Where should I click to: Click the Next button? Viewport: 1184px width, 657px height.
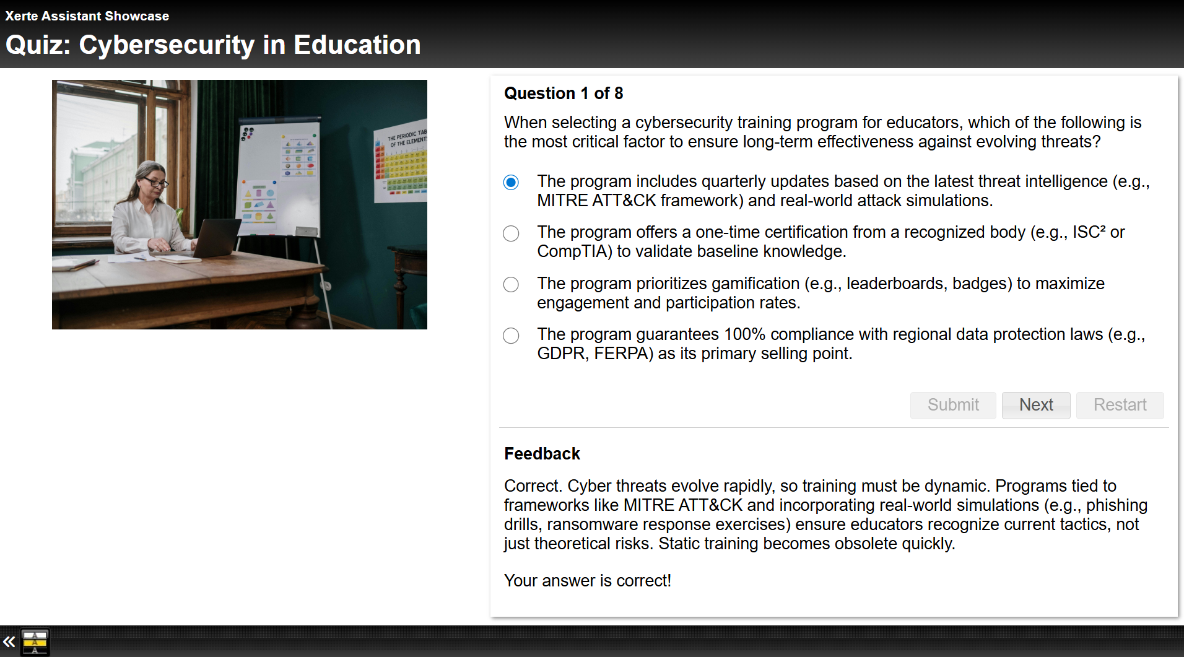click(1036, 405)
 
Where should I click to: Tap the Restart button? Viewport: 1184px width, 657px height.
click(1120, 405)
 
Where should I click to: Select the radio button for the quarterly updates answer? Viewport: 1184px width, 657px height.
click(511, 182)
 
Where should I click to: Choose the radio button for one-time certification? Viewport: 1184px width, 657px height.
click(511, 233)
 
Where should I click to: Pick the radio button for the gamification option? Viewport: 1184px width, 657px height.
click(511, 284)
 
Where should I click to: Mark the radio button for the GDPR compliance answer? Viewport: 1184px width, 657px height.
click(511, 336)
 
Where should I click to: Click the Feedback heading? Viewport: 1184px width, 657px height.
click(542, 454)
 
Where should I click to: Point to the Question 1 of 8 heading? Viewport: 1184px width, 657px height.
click(564, 94)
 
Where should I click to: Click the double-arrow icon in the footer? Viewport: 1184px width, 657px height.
click(9, 642)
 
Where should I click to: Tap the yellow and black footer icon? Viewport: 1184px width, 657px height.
click(35, 642)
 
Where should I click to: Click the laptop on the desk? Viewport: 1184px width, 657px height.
click(214, 238)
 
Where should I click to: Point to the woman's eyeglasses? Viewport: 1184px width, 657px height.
click(155, 182)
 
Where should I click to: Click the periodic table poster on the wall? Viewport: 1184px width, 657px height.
click(401, 161)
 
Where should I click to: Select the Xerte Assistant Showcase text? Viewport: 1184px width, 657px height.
click(87, 16)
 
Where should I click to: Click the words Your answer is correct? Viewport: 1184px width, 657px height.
click(588, 581)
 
